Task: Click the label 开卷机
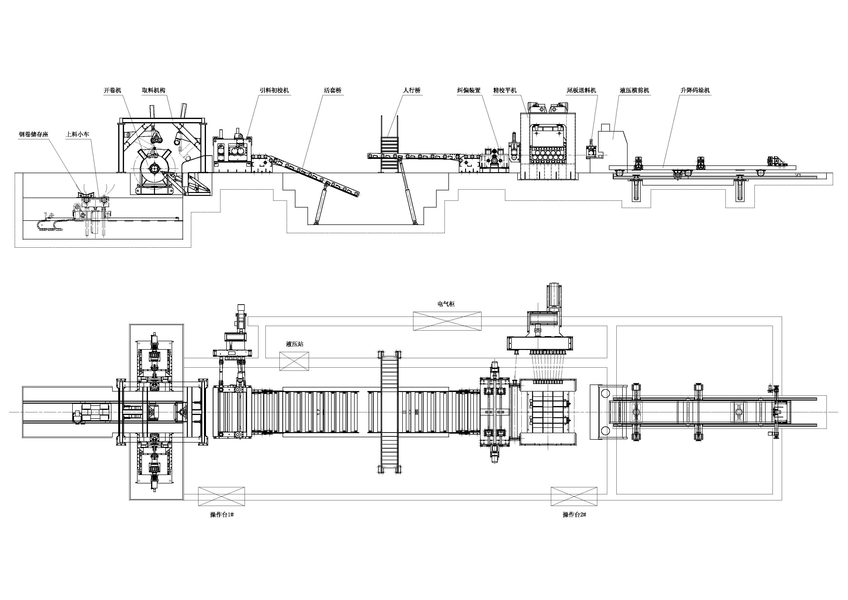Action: [112, 90]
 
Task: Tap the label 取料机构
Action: [154, 90]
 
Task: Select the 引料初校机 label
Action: [274, 90]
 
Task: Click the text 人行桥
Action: [412, 90]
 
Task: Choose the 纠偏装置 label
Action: [469, 90]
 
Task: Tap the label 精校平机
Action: [505, 90]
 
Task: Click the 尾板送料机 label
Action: [581, 90]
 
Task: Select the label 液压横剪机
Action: [635, 90]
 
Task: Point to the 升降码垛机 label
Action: [695, 90]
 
